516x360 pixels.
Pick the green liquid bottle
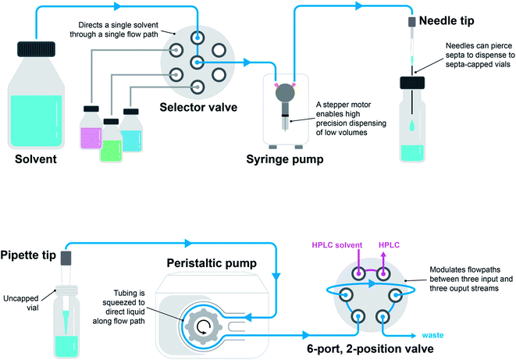pyautogui.click(x=111, y=142)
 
